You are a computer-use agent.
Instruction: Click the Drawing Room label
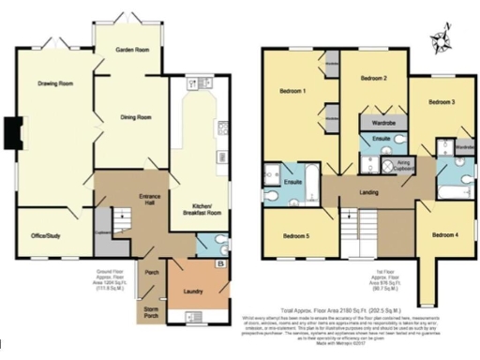point(55,84)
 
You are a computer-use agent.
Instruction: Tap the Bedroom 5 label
point(296,236)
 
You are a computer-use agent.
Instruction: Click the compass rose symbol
point(442,38)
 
